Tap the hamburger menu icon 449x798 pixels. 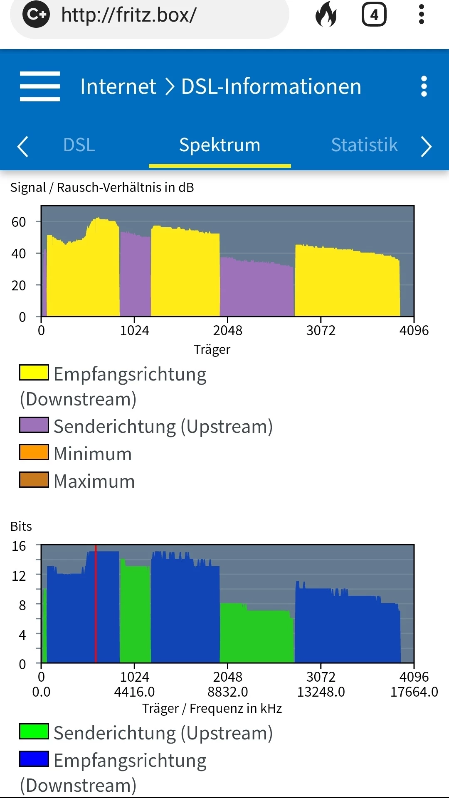click(40, 86)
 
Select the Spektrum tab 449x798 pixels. click(220, 145)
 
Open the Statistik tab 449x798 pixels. click(364, 145)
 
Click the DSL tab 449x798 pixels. click(79, 145)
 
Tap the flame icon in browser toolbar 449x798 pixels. click(326, 15)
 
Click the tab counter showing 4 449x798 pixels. click(374, 15)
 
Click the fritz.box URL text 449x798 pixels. click(129, 15)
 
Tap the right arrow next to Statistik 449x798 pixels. click(426, 147)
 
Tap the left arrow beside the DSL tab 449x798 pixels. click(22, 147)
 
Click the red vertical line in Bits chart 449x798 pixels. click(96, 604)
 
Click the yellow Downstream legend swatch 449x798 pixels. click(34, 373)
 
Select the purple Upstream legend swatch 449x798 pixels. click(34, 425)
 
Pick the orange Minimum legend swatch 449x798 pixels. click(34, 452)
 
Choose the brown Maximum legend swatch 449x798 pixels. click(34, 480)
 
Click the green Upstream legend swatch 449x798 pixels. click(34, 732)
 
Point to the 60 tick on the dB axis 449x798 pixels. click(19, 222)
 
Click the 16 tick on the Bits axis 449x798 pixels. click(19, 546)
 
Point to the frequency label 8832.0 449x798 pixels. click(228, 692)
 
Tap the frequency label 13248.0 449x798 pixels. click(321, 692)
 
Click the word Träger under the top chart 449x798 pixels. click(212, 349)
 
